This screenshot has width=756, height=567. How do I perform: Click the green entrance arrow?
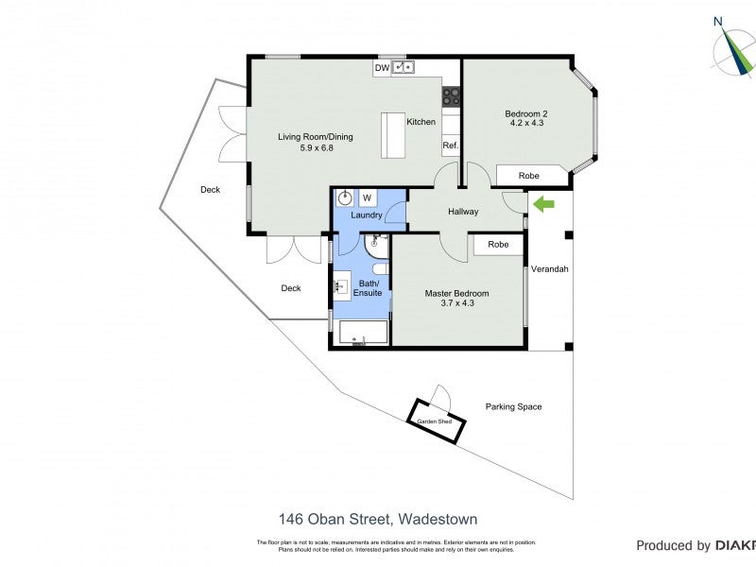(543, 202)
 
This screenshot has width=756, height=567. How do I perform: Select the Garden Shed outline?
(436, 420)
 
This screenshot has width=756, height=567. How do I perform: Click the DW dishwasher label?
(382, 68)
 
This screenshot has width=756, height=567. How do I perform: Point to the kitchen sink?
(404, 68)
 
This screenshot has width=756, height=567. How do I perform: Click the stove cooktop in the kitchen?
(452, 94)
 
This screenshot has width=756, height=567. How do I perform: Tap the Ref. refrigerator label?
(450, 146)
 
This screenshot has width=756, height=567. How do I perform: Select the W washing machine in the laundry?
(367, 198)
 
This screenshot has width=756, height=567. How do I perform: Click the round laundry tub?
(346, 198)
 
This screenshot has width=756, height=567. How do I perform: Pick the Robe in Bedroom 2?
(529, 176)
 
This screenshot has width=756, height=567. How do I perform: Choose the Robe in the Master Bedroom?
(498, 244)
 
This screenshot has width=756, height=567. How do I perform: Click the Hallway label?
(463, 212)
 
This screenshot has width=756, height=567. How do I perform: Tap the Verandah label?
(549, 268)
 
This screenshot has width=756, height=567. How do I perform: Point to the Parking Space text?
(513, 406)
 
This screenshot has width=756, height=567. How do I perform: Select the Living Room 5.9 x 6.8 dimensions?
(315, 148)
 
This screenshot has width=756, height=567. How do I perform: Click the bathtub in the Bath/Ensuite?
(360, 334)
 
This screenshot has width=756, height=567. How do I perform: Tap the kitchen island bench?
(392, 136)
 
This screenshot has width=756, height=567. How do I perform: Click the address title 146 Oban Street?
(378, 519)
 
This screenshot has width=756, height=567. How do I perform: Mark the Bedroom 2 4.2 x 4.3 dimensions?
(528, 123)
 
